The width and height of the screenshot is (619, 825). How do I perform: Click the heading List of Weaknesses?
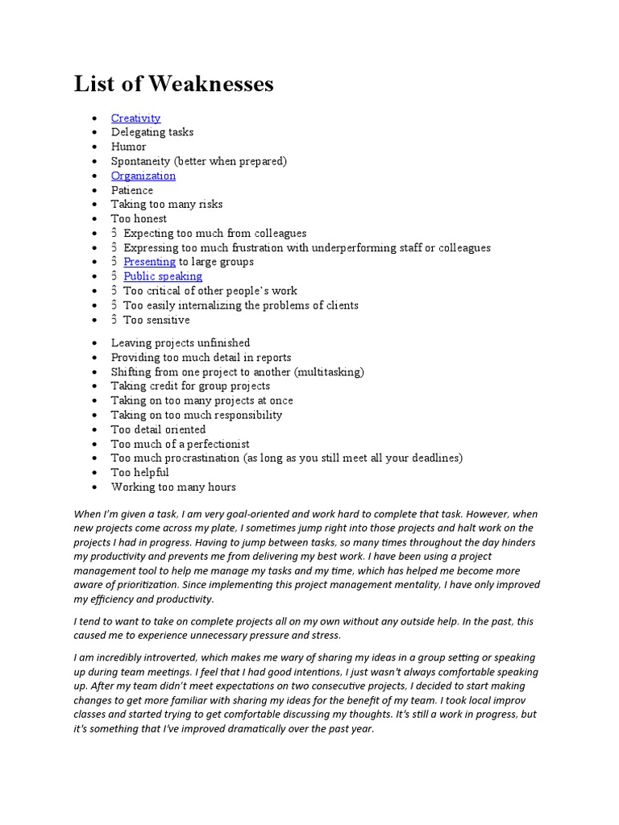click(174, 84)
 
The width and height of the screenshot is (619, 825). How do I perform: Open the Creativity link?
click(135, 118)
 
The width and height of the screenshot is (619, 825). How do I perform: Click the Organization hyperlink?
click(143, 176)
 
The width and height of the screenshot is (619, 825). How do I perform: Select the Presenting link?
click(149, 262)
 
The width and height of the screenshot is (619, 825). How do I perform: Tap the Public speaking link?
click(163, 276)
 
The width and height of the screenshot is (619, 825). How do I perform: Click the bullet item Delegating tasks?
click(152, 132)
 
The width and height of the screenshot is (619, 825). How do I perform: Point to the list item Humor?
click(129, 147)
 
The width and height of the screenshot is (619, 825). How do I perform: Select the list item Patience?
click(132, 190)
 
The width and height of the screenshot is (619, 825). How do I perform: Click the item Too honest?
click(139, 218)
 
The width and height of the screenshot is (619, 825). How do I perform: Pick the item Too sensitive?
click(156, 320)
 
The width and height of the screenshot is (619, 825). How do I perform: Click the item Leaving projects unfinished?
click(181, 343)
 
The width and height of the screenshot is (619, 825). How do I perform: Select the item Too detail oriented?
click(158, 429)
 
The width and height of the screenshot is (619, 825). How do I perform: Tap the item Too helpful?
click(140, 472)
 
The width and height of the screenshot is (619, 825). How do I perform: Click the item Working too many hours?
click(173, 487)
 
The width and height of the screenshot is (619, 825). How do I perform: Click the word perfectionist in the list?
click(218, 444)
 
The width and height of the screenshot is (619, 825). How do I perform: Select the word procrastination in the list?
click(201, 458)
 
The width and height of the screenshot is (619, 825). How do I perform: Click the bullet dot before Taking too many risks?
click(95, 205)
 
